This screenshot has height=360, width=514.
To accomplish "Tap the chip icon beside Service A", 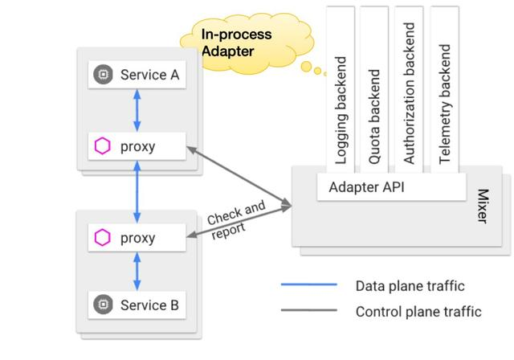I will click(x=103, y=76).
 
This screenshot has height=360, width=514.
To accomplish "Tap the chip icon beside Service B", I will click(x=103, y=305).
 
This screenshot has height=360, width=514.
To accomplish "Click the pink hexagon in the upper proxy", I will click(x=102, y=146).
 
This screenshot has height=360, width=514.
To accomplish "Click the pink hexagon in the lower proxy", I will click(x=102, y=238).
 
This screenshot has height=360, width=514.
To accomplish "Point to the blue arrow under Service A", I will click(x=137, y=111).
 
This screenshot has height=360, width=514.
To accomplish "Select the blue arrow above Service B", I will click(x=137, y=272).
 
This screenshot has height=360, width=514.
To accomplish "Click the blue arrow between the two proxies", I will click(x=137, y=192).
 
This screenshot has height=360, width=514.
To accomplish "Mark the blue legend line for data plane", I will click(x=309, y=285).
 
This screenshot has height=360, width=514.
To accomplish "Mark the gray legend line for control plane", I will click(x=309, y=311).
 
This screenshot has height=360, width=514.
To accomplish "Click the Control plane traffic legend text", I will click(x=418, y=311).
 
